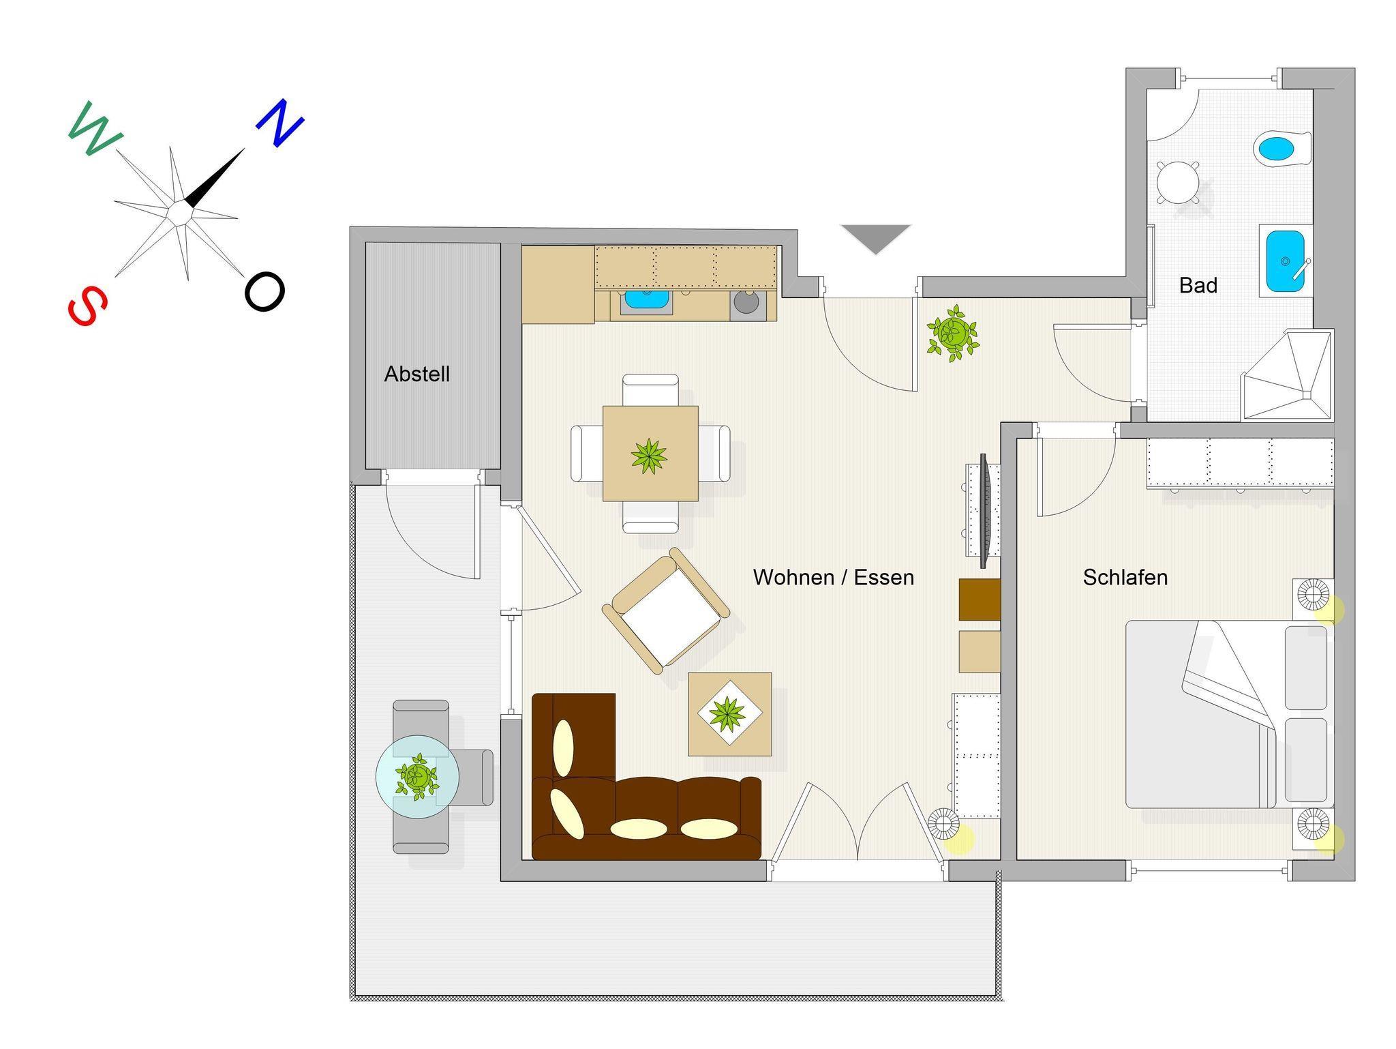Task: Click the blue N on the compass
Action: [x=280, y=123]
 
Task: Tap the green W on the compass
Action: [x=95, y=129]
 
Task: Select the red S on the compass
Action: [x=88, y=305]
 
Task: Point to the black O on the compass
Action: [x=264, y=292]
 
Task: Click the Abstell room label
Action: [x=417, y=374]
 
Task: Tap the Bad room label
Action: [x=1198, y=285]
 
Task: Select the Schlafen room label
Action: [x=1125, y=578]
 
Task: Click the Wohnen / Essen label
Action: [x=833, y=578]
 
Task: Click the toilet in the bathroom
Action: [x=1282, y=148]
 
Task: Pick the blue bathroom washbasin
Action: [x=1286, y=261]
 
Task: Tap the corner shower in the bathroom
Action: [x=1287, y=374]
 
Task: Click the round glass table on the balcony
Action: [x=417, y=776]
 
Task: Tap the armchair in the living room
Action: [x=666, y=611]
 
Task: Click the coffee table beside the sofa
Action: [x=729, y=714]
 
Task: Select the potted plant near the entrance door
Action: [x=953, y=333]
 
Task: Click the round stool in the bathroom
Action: [x=1178, y=182]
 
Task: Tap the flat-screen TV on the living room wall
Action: [x=984, y=511]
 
